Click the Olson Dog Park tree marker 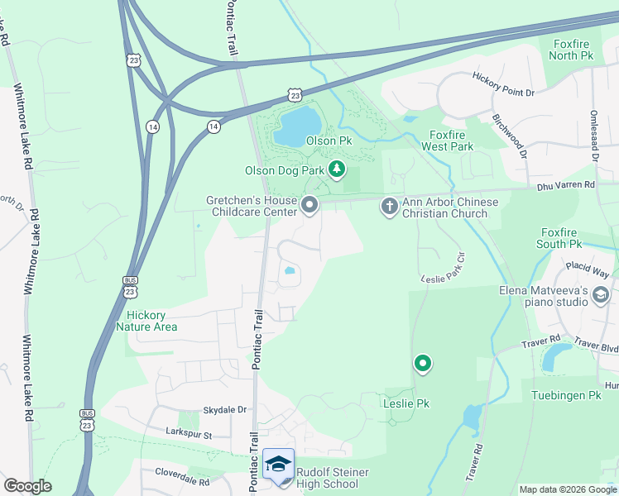click(x=336, y=170)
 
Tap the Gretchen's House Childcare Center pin click(x=309, y=204)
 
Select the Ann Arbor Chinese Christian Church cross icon click(x=389, y=206)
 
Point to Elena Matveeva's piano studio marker click(x=601, y=294)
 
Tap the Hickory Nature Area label click(x=152, y=321)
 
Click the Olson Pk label click(x=329, y=141)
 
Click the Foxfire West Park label click(x=447, y=141)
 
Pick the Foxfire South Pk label click(x=569, y=238)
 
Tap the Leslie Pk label click(x=405, y=403)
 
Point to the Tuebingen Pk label click(x=571, y=396)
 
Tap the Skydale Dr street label click(x=225, y=409)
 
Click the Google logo click(x=27, y=486)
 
